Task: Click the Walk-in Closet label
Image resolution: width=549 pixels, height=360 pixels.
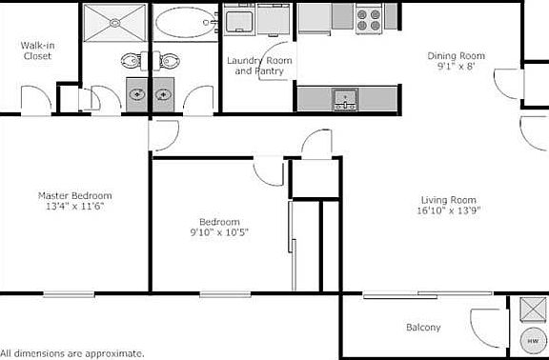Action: coord(36,50)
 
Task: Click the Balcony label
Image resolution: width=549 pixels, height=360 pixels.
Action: coord(423,328)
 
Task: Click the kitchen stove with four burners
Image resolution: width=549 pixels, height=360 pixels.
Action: coord(369,16)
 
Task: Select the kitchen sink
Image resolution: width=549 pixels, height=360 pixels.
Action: coord(341,97)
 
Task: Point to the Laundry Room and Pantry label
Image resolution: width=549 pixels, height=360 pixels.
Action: coord(258,66)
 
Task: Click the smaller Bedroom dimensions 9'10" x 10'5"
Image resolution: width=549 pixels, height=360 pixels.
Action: coord(219,231)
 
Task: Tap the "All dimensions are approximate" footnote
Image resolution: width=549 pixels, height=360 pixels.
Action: coord(72,353)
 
